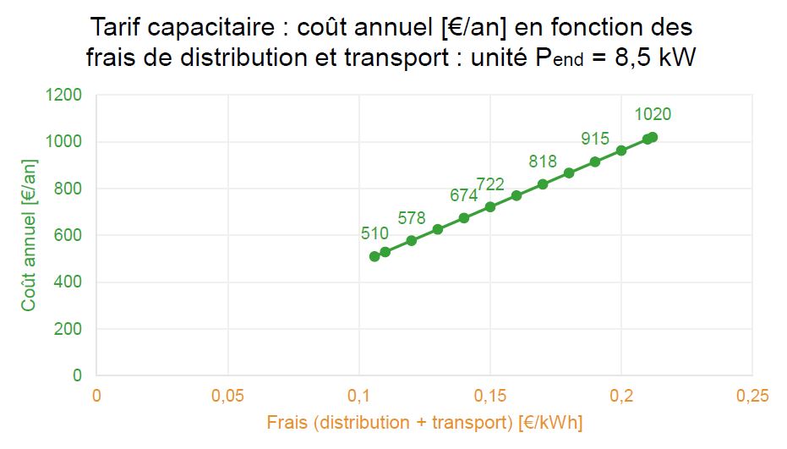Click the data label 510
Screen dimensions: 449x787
coord(374,234)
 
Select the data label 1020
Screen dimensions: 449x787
coord(653,115)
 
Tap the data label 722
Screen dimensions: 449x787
coord(490,184)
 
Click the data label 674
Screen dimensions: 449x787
coord(463,195)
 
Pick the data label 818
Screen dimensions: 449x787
coord(543,162)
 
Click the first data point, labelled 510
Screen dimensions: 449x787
coord(374,256)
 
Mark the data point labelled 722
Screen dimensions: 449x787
coord(490,206)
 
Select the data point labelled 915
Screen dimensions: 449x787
coord(595,162)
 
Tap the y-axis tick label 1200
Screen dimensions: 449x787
coord(64,96)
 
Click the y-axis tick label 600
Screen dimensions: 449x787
coord(68,236)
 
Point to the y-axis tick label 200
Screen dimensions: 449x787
coord(68,329)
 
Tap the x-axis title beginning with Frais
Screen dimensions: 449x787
coord(424,422)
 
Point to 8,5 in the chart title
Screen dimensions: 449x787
coord(630,58)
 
